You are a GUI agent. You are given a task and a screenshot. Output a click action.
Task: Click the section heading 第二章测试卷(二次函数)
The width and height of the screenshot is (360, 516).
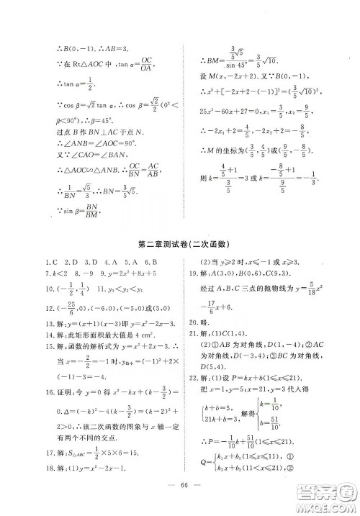(181, 245)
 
